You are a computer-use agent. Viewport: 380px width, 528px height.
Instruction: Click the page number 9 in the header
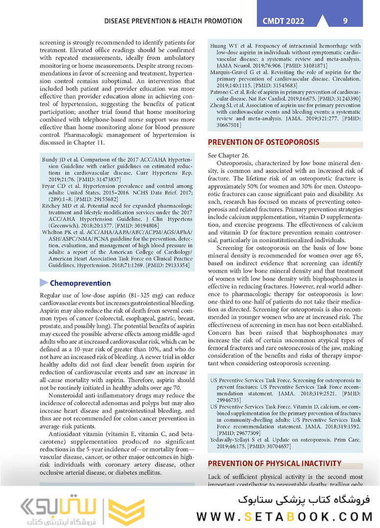(345, 21)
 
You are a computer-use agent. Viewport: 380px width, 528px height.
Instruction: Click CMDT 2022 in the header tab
(283, 21)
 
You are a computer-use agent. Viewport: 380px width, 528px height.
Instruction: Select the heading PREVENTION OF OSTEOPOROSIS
(263, 142)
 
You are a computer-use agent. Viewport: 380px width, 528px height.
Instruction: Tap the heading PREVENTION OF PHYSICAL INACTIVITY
(275, 463)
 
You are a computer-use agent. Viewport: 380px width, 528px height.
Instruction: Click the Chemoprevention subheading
(80, 283)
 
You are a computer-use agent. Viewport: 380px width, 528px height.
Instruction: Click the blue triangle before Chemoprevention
(44, 283)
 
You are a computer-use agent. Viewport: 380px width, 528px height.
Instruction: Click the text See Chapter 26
(228, 155)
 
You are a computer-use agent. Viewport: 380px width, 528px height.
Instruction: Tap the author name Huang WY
(224, 46)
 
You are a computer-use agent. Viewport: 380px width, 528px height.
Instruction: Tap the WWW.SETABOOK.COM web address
(285, 516)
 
